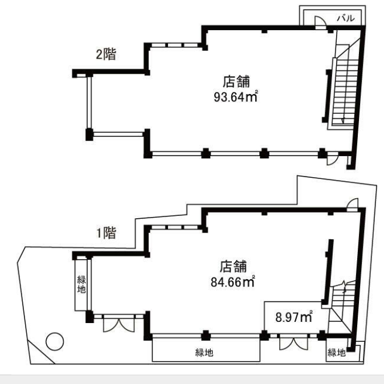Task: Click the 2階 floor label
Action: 106,54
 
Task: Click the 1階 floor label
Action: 107,232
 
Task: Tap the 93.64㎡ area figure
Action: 236,96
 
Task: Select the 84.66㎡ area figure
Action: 232,282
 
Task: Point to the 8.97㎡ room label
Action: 294,317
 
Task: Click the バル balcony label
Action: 346,18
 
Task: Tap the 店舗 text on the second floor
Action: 236,81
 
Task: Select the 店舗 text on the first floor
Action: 233,267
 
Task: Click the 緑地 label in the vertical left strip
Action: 81,284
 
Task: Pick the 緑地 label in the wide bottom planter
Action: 204,353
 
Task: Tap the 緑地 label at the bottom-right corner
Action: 337,353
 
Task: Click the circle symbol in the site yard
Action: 55,341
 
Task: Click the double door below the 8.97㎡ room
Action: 294,343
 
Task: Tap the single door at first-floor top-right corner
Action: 352,204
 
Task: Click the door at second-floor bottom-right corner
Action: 332,159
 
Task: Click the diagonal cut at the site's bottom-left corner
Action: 41,352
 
